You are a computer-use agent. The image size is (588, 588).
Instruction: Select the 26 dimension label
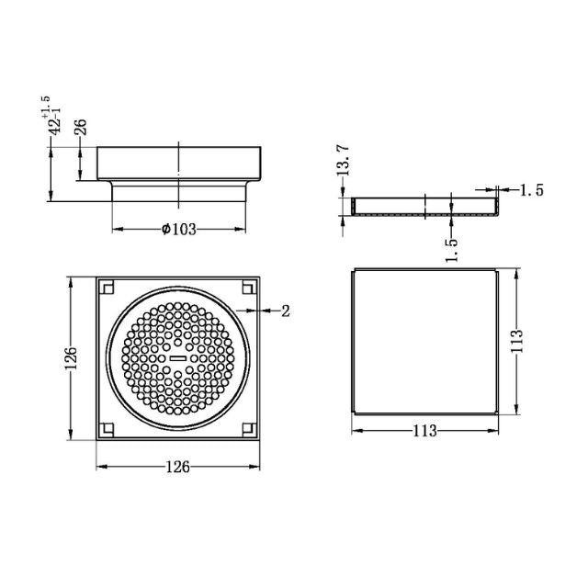pyautogui.click(x=81, y=127)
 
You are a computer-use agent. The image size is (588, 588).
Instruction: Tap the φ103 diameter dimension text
pyautogui.click(x=179, y=230)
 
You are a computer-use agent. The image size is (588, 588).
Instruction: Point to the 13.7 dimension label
pyautogui.click(x=342, y=162)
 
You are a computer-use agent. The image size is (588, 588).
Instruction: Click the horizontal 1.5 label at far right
pyautogui.click(x=532, y=190)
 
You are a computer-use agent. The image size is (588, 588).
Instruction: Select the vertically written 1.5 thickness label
pyautogui.click(x=451, y=249)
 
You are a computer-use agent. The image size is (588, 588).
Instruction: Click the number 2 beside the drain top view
pyautogui.click(x=286, y=311)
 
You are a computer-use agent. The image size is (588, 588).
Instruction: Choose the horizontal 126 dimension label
pyautogui.click(x=177, y=467)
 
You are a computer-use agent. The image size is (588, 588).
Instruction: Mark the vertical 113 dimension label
pyautogui.click(x=519, y=341)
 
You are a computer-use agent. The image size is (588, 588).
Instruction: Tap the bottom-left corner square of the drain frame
pyautogui.click(x=107, y=427)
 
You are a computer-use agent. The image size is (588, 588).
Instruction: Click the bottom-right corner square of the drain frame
pyautogui.click(x=249, y=427)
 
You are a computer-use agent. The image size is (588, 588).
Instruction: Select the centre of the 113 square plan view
pyautogui.click(x=424, y=341)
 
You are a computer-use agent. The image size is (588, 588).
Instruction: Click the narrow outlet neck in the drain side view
pyautogui.click(x=179, y=194)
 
